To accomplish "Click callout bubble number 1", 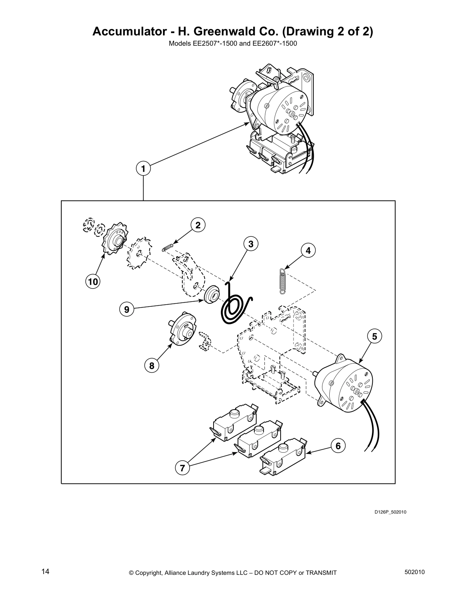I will pyautogui.click(x=143, y=168).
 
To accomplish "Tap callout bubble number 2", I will pyautogui.click(x=198, y=225).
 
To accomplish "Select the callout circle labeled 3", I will pyautogui.click(x=251, y=244).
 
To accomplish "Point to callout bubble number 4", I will pyautogui.click(x=308, y=250).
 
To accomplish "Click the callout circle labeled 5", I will pyautogui.click(x=375, y=336).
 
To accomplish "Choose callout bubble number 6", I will pyautogui.click(x=338, y=445).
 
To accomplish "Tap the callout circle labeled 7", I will pyautogui.click(x=182, y=468).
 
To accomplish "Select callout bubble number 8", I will pyautogui.click(x=152, y=366).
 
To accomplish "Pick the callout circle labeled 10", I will pyautogui.click(x=93, y=282).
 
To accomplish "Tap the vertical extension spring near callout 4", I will pyautogui.click(x=282, y=281).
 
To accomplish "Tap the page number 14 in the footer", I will pyautogui.click(x=45, y=571).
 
